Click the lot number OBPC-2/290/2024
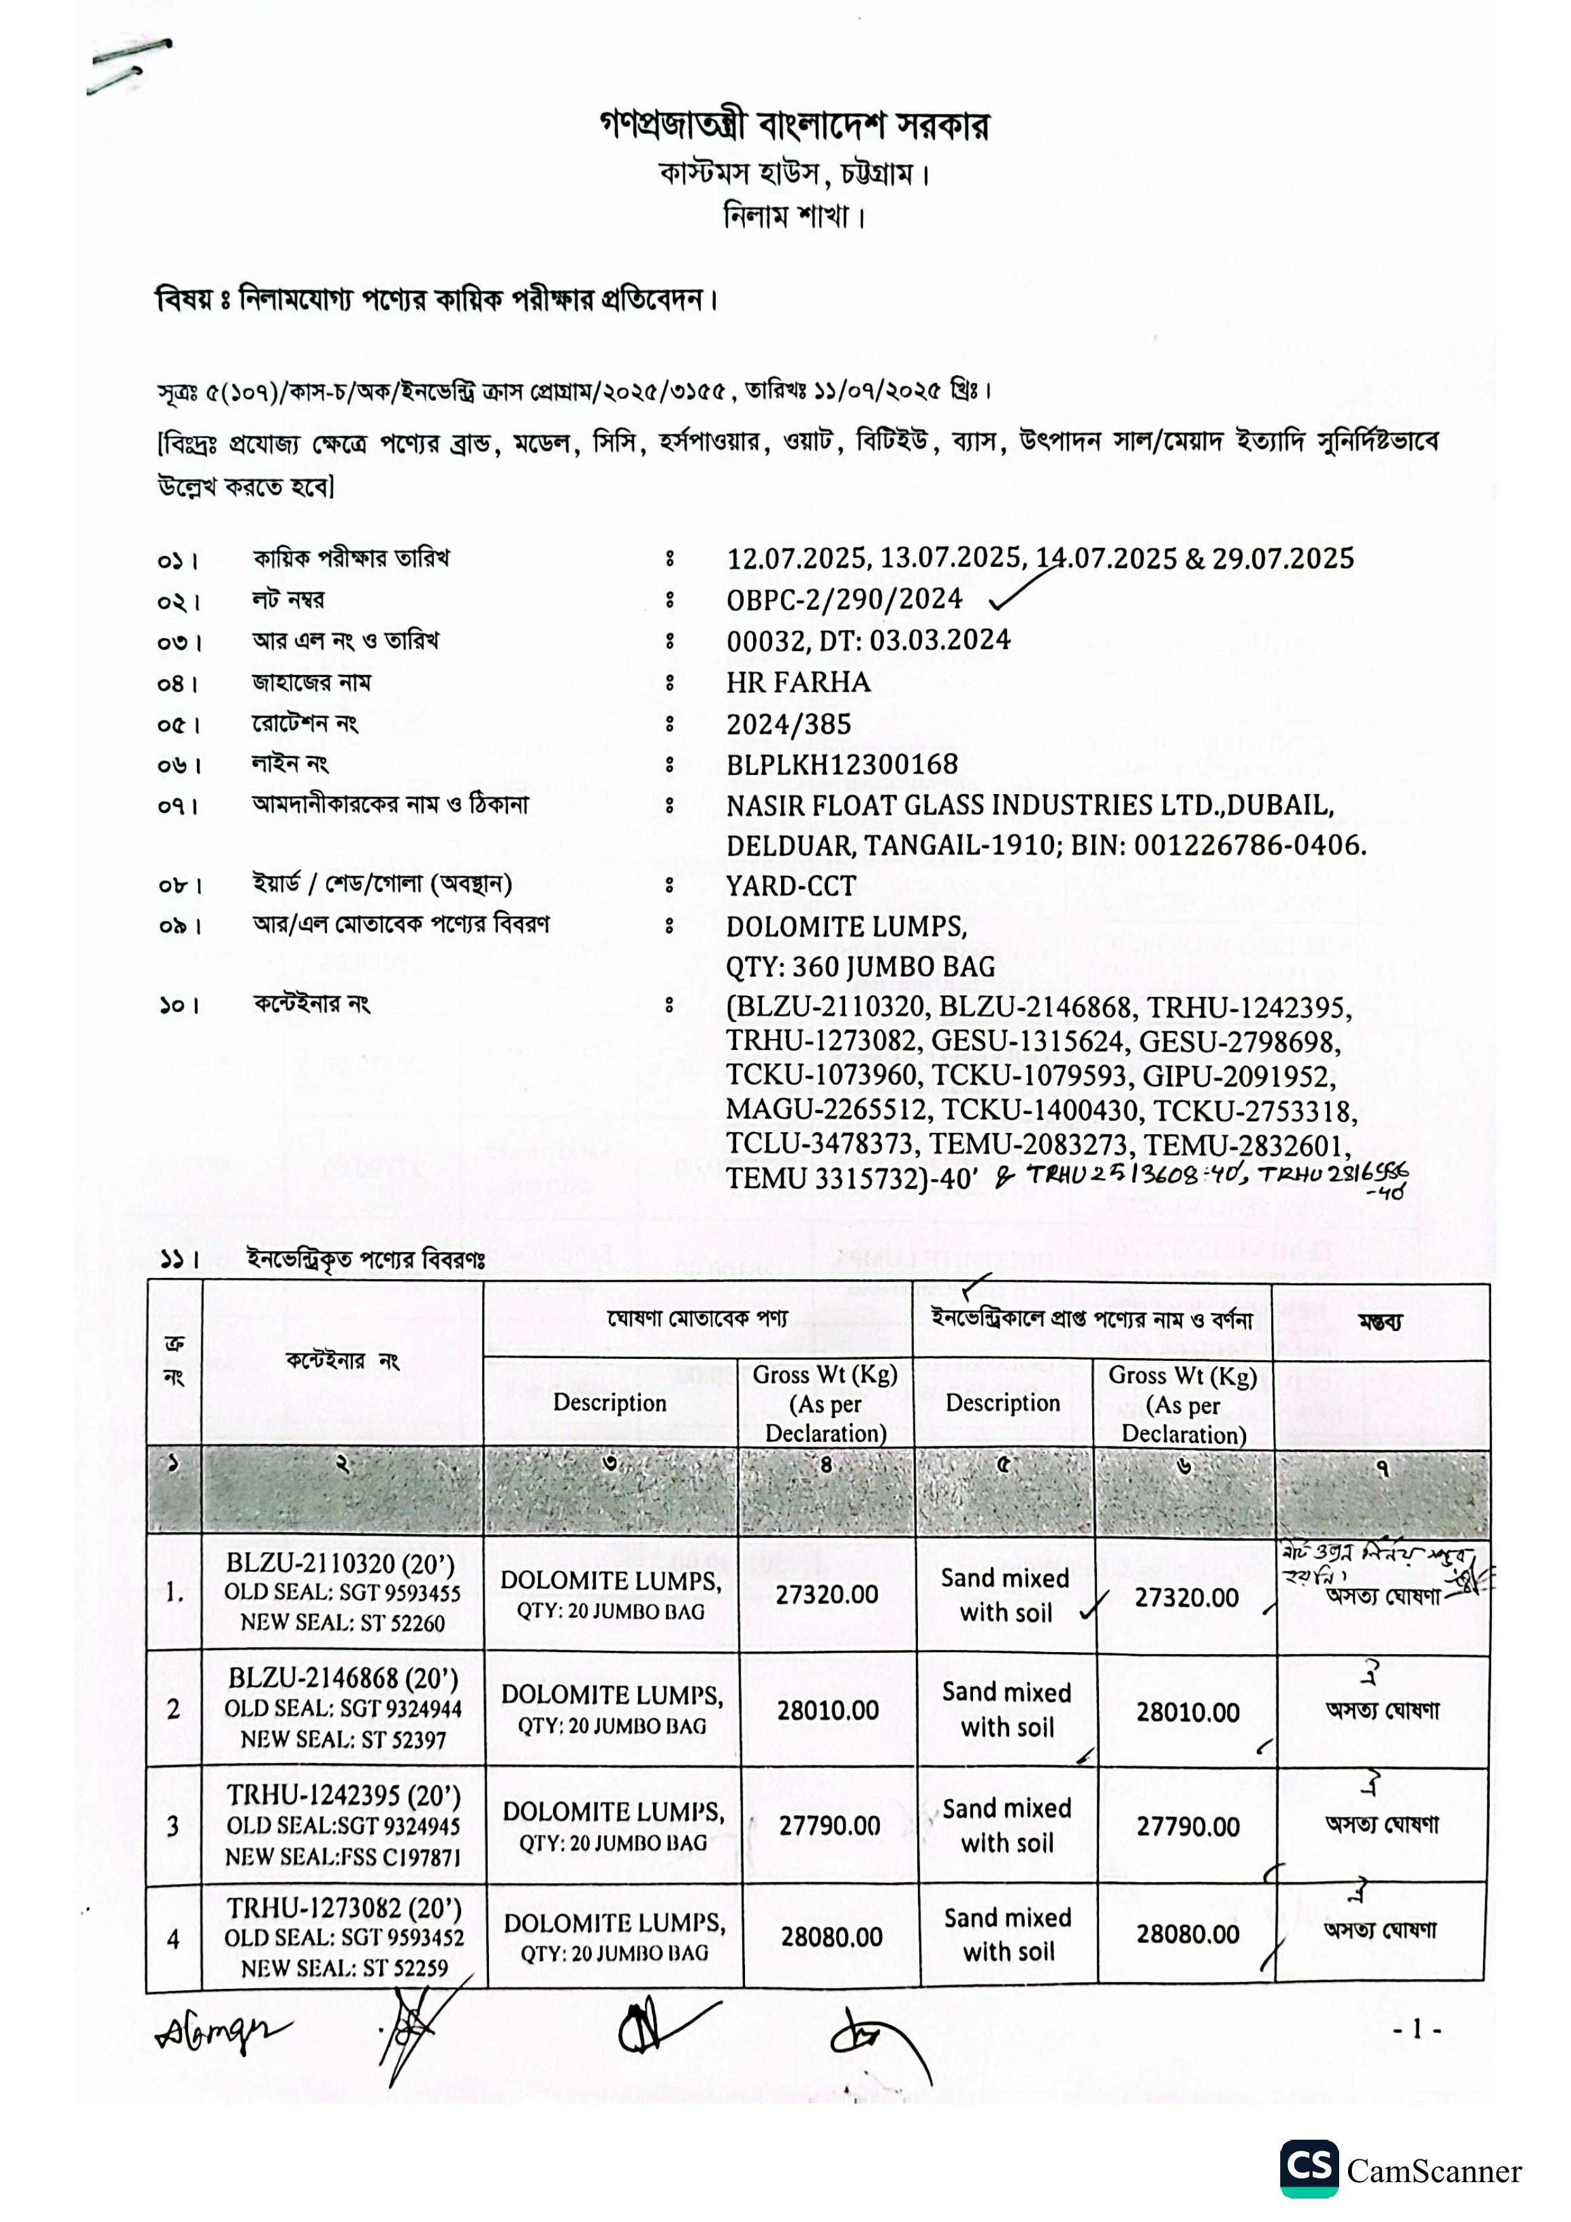click(x=844, y=600)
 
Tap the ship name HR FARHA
click(x=799, y=682)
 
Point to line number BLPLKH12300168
click(x=842, y=764)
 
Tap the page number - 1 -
click(x=1416, y=2029)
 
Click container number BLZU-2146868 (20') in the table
click(x=343, y=1678)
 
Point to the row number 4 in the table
click(x=174, y=1938)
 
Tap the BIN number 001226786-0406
click(x=1249, y=846)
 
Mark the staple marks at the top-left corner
click(x=130, y=65)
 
